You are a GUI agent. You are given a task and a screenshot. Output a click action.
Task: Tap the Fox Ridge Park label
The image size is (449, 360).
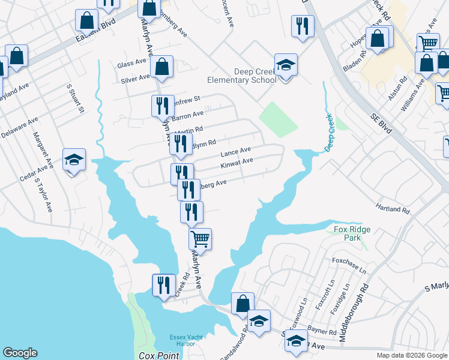click(x=352, y=233)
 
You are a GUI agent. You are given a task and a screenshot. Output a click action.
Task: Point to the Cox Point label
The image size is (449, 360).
click(x=159, y=356)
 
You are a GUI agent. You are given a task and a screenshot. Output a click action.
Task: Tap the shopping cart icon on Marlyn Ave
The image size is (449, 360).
click(x=200, y=239)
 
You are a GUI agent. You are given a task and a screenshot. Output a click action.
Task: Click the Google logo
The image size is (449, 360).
click(x=20, y=353)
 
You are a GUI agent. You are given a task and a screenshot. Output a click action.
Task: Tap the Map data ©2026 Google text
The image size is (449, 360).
click(x=411, y=355)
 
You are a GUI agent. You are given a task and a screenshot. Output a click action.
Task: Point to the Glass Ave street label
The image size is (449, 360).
click(x=132, y=64)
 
